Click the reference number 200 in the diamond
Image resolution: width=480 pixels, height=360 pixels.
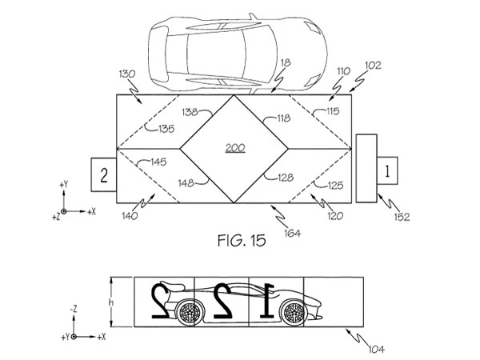234,149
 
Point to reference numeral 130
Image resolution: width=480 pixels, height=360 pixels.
126,74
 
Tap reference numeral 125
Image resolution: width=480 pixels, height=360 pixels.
334,185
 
